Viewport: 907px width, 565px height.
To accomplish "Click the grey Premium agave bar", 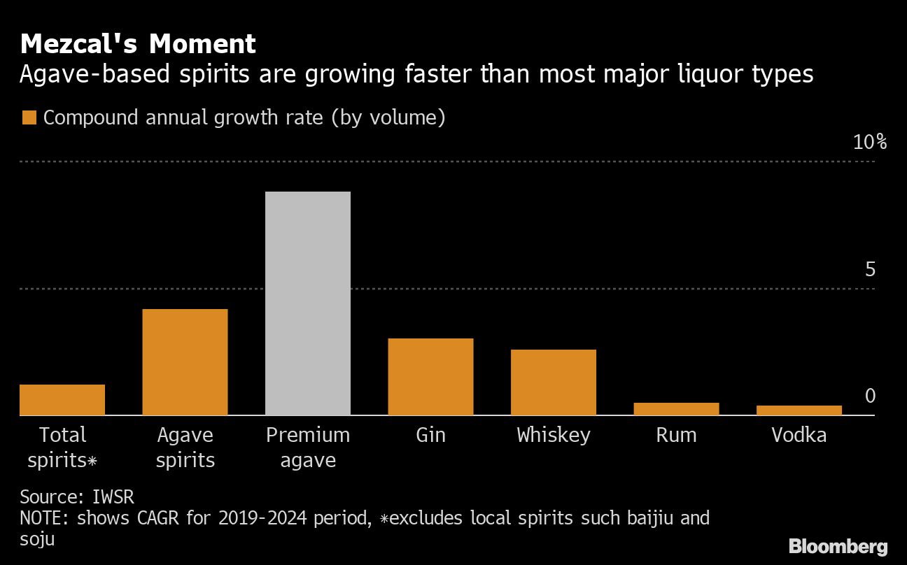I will click(x=308, y=303).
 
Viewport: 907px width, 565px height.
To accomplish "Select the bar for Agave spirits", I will click(x=185, y=362).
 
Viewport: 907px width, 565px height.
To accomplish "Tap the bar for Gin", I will click(x=430, y=376).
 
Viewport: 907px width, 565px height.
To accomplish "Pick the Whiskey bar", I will click(x=553, y=382).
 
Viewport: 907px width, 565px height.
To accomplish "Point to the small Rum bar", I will click(x=676, y=409).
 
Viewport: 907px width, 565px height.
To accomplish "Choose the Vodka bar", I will click(x=799, y=410).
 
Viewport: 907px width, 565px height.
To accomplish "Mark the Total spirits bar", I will click(x=62, y=399).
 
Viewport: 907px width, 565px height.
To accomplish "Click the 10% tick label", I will click(x=870, y=143).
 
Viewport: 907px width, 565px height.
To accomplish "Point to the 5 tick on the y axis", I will click(x=870, y=269).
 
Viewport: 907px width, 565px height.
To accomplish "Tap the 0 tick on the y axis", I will click(x=870, y=396).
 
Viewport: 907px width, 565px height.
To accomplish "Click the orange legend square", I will click(x=29, y=117).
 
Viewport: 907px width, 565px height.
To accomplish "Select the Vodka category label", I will click(x=799, y=435).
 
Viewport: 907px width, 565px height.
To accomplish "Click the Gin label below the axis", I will click(x=430, y=435).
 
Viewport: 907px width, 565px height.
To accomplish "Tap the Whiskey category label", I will click(x=553, y=435).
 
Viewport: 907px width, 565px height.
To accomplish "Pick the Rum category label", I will click(x=676, y=435).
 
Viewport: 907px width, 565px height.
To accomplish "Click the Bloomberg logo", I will click(x=838, y=546).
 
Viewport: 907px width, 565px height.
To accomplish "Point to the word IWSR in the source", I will click(x=113, y=497).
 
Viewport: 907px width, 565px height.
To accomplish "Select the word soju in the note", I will click(x=37, y=539).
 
